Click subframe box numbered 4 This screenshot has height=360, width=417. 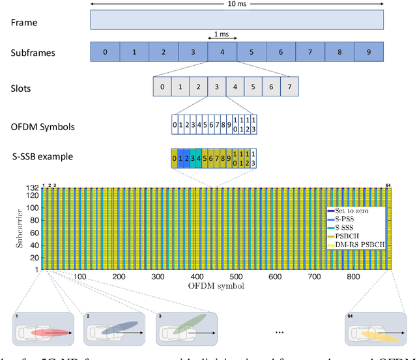pos(223,51)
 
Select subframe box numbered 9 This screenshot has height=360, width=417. pos(369,51)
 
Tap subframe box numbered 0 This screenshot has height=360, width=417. pos(105,51)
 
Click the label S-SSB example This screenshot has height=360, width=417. pos(40,156)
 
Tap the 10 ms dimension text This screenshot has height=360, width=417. pos(238,4)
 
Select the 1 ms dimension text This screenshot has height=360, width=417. pos(222,34)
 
